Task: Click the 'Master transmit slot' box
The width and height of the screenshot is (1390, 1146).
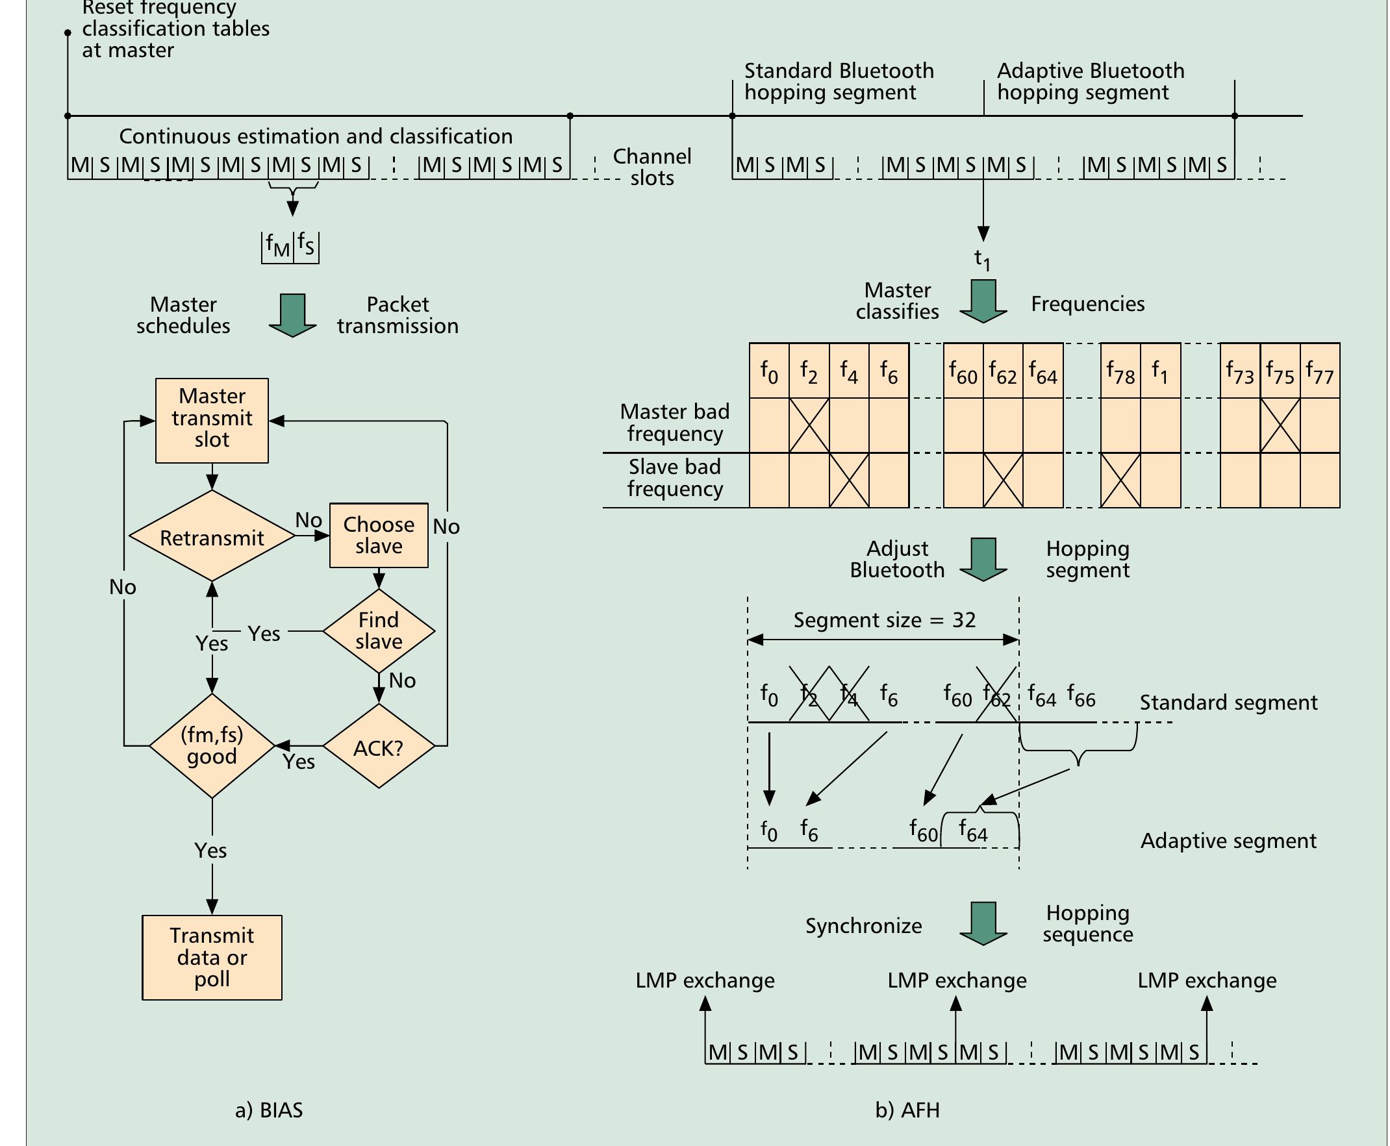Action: click(x=212, y=420)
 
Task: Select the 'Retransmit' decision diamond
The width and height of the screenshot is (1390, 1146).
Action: click(x=212, y=537)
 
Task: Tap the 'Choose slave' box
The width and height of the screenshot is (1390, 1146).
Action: click(x=379, y=536)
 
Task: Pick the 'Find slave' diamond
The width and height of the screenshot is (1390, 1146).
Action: click(x=379, y=631)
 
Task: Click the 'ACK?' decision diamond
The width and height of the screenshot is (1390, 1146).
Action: click(x=379, y=747)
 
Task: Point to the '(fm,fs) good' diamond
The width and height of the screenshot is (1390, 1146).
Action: click(x=212, y=746)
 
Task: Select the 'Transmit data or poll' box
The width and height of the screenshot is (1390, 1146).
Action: click(x=212, y=957)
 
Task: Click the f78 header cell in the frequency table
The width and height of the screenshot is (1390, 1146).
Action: click(x=1120, y=371)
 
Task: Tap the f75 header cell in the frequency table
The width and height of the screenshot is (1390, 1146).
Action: click(x=1280, y=371)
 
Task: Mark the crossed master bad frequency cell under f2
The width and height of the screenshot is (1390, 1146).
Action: click(x=809, y=426)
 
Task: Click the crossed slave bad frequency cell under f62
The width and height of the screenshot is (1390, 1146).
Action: click(x=1003, y=480)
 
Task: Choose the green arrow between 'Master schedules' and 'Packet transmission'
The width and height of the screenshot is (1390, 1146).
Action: click(x=292, y=315)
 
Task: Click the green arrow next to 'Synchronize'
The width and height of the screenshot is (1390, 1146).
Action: click(x=983, y=923)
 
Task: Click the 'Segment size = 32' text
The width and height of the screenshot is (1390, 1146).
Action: click(x=884, y=621)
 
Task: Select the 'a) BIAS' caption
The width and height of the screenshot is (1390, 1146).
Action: click(x=269, y=1110)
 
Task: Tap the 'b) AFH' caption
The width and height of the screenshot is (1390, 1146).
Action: click(x=907, y=1110)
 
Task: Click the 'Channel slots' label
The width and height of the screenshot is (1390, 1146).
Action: click(x=651, y=167)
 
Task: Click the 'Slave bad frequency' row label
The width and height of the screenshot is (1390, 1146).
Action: click(x=675, y=478)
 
